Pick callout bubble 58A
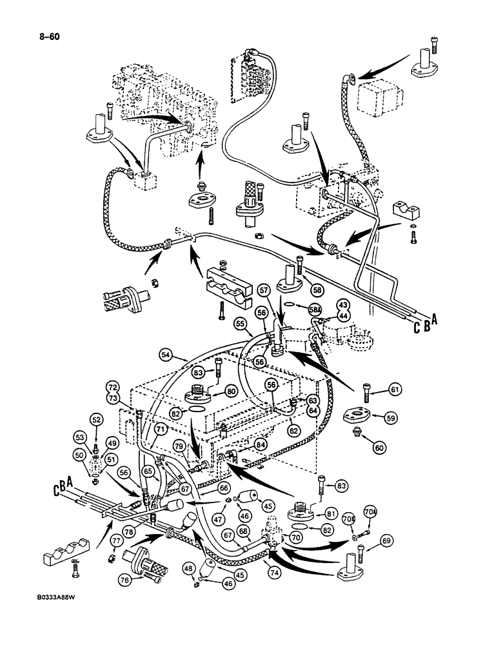pos(315,309)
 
